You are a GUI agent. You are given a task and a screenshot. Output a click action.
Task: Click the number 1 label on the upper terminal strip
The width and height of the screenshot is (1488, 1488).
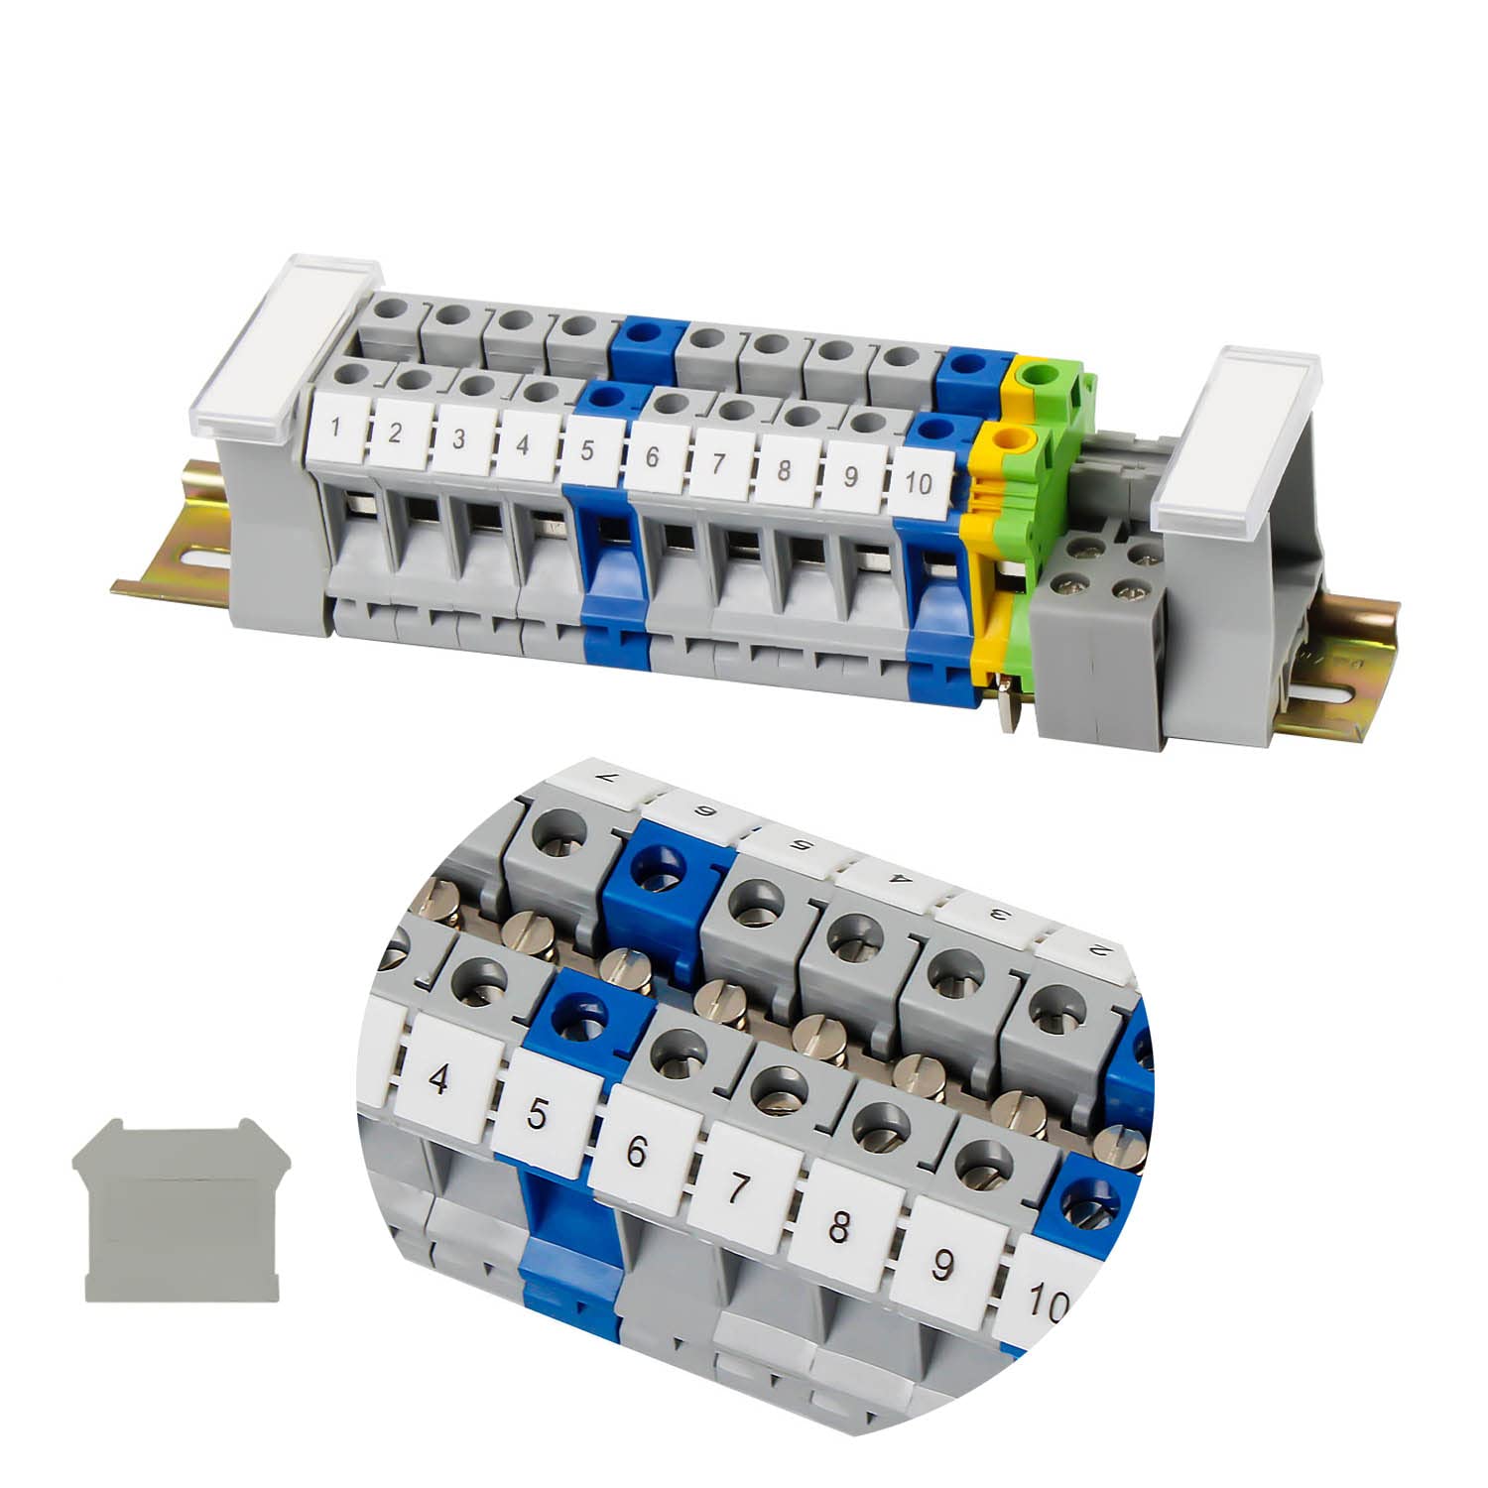pos(336,429)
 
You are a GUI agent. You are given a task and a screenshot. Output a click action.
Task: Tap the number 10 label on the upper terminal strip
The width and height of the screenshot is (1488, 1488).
pos(921,482)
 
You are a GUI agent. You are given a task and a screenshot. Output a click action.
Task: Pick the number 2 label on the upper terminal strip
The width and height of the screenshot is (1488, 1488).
pos(396,434)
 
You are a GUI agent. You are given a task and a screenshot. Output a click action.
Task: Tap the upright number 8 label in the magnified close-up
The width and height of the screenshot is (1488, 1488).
pos(839,1228)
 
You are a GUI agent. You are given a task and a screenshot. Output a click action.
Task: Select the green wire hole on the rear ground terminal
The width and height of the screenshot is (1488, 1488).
pos(1042,375)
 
